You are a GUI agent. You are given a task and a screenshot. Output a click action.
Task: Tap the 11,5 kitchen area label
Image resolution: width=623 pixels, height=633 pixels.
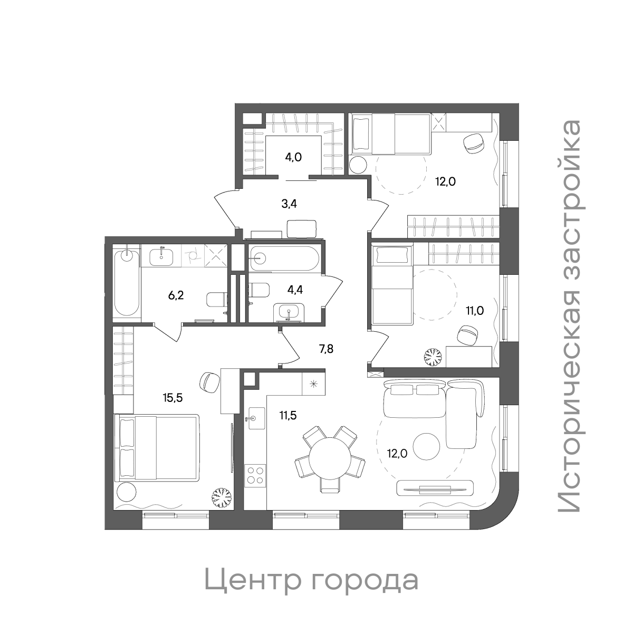click(x=288, y=415)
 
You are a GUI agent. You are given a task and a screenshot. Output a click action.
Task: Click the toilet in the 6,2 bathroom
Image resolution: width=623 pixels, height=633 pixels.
click(x=215, y=299)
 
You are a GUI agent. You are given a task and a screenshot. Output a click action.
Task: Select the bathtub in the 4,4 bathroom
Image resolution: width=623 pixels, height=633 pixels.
click(x=283, y=258)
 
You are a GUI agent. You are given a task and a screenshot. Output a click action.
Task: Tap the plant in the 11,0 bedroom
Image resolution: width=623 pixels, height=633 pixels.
click(x=434, y=358)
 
